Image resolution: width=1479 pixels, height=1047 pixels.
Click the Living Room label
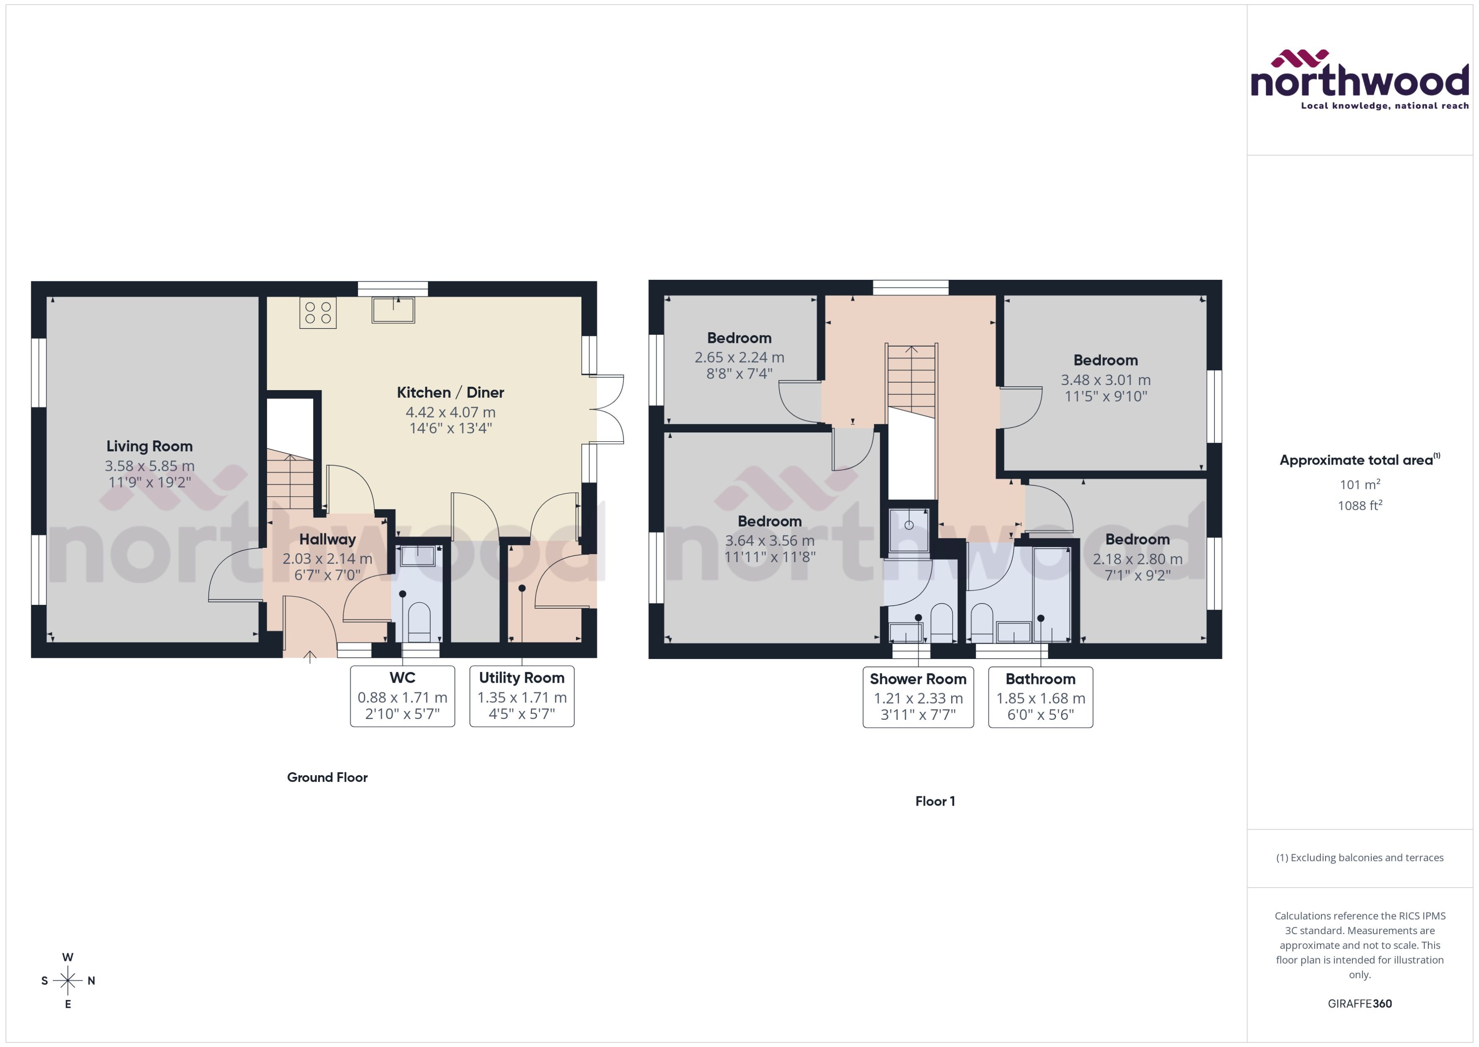[x=150, y=446]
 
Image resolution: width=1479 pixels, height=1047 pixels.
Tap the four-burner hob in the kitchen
[x=318, y=313]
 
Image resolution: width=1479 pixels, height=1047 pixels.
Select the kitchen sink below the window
[x=393, y=310]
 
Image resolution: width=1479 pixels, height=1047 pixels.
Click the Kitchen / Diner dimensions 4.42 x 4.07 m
[x=450, y=412]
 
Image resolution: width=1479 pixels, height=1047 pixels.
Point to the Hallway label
[x=327, y=539]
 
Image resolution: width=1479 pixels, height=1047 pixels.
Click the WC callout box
[x=402, y=696]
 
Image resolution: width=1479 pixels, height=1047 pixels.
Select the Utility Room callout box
[x=521, y=696]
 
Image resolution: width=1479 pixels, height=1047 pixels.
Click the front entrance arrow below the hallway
[x=310, y=657]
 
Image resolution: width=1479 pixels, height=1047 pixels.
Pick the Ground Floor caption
[x=327, y=777]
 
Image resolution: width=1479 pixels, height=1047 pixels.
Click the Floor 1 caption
[x=935, y=801]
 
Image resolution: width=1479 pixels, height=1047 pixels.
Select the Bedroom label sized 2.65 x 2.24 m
[x=739, y=338]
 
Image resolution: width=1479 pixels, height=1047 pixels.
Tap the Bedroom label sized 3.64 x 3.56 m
[x=770, y=521]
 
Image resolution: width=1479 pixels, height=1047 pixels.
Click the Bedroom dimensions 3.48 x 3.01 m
[x=1106, y=380]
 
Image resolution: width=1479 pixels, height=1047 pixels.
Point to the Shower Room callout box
[x=918, y=697]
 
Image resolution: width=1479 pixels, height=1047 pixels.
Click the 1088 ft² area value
[x=1360, y=506]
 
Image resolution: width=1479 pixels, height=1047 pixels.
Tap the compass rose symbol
[x=68, y=981]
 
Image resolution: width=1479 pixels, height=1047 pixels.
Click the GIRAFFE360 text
[x=1360, y=1004]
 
